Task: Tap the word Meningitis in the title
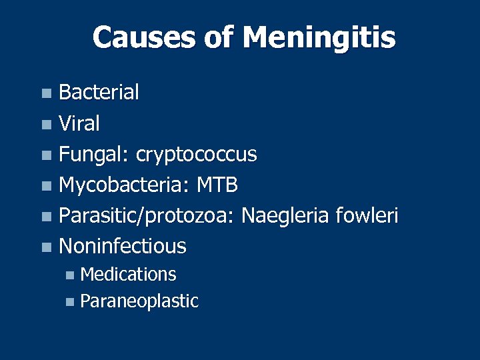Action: click(319, 39)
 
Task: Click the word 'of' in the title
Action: click(217, 37)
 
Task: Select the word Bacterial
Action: click(99, 93)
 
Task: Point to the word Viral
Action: click(79, 123)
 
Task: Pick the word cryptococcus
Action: click(196, 155)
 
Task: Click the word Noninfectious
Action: click(123, 246)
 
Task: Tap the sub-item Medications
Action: click(128, 274)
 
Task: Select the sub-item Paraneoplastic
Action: click(139, 301)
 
